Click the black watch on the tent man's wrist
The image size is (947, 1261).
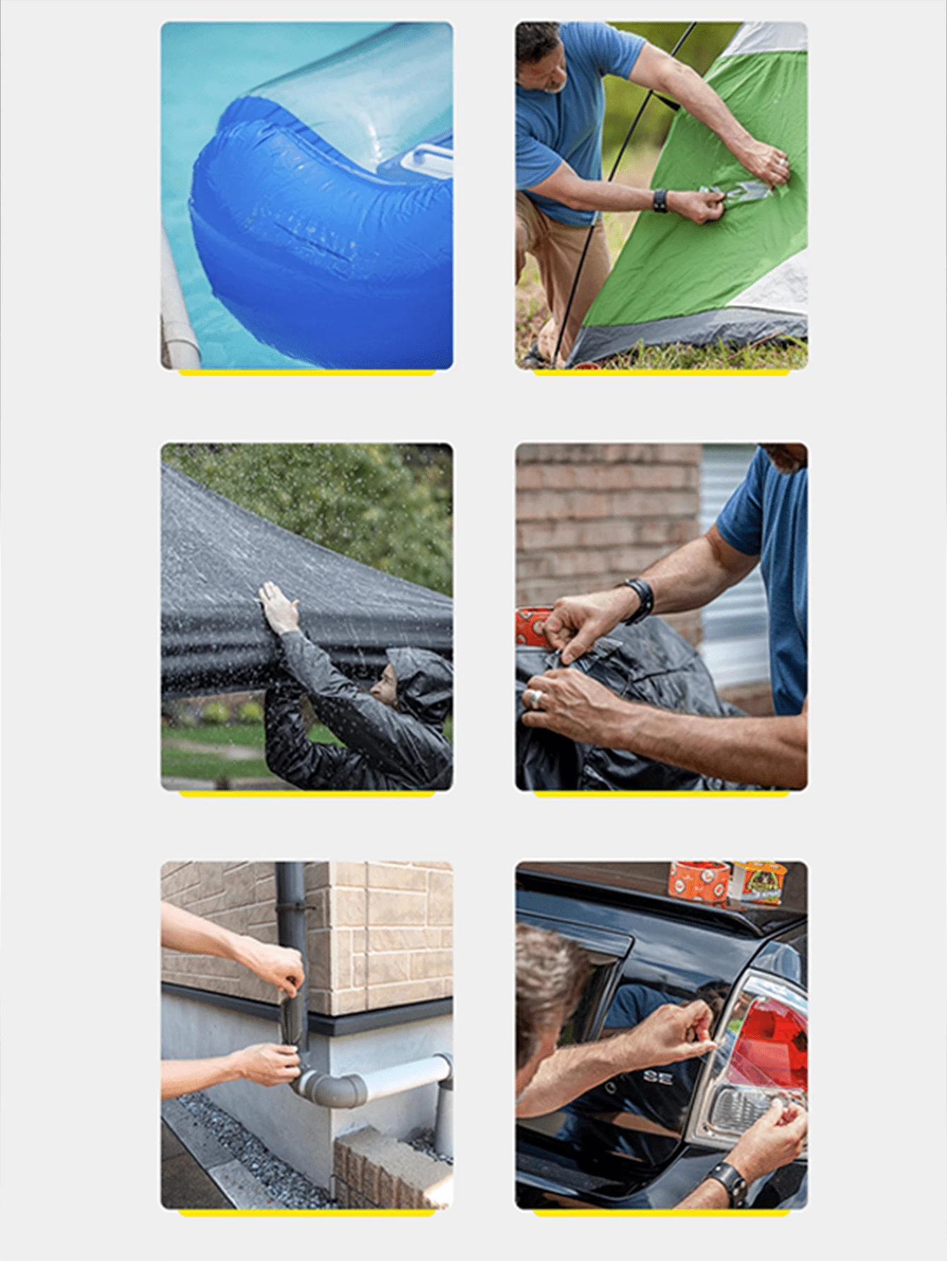pos(660,201)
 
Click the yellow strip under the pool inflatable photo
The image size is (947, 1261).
pos(306,372)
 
